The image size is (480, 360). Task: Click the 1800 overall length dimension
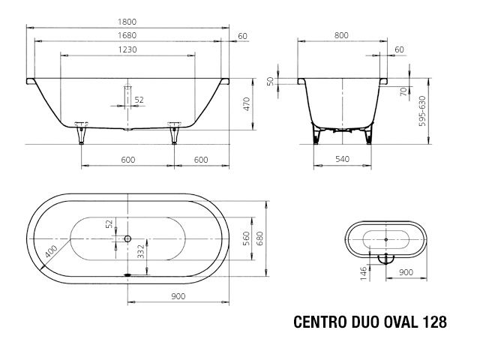(127, 22)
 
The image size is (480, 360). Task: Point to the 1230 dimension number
(127, 49)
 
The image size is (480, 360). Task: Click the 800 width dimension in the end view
(341, 35)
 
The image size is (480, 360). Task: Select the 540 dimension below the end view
(341, 159)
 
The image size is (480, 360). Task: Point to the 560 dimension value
(246, 238)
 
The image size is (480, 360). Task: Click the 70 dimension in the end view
(403, 91)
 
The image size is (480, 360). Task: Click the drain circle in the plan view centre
(127, 239)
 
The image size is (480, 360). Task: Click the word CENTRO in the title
(320, 322)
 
